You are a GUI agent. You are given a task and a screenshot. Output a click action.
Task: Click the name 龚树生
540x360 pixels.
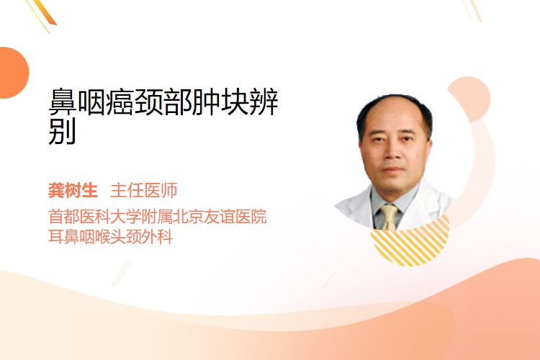pyautogui.click(x=73, y=190)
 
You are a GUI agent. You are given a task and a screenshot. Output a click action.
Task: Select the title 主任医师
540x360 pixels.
pyautogui.click(x=143, y=190)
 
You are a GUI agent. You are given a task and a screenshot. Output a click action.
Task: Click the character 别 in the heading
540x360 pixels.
pyautogui.click(x=62, y=131)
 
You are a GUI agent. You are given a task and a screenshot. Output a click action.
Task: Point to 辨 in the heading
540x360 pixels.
pyautogui.click(x=264, y=102)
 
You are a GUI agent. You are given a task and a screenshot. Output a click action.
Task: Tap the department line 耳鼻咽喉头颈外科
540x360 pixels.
pyautogui.click(x=110, y=237)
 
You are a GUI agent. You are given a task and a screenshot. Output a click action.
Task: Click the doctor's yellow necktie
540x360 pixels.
pyautogui.click(x=390, y=217)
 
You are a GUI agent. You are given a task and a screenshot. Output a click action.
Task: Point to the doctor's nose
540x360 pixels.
pyautogui.click(x=392, y=153)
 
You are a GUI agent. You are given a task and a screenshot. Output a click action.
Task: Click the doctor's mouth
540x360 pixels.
pyautogui.click(x=393, y=169)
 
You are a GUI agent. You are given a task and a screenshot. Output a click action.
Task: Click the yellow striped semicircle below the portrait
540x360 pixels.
pyautogui.click(x=410, y=246)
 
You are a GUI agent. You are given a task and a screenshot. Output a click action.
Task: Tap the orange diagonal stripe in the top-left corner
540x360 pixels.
pyautogui.click(x=47, y=12)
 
